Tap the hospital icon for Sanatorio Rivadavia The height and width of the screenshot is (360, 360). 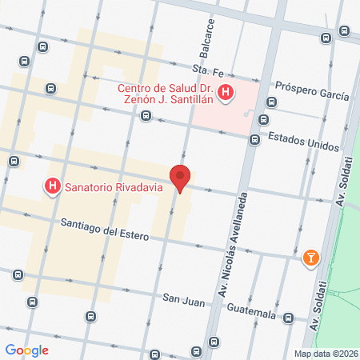(53, 187)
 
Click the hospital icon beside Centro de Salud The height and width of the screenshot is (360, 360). (226, 94)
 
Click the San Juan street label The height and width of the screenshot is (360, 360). (179, 298)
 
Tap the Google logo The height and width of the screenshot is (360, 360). (27, 350)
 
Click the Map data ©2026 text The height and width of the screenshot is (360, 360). (326, 353)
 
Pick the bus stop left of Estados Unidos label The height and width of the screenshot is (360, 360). (254, 140)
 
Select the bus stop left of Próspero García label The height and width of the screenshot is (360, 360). (272, 102)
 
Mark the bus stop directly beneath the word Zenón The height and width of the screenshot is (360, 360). (146, 116)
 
